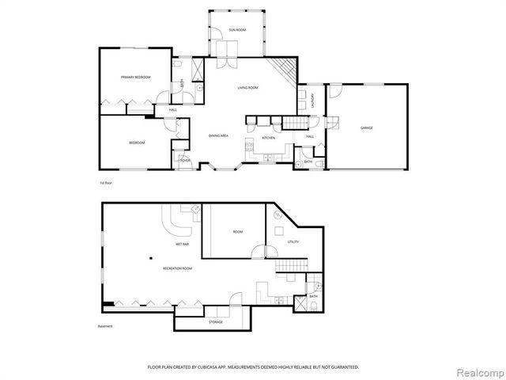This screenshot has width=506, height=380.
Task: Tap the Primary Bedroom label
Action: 135,77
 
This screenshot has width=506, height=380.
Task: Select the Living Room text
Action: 248,88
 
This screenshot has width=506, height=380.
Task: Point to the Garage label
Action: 367,127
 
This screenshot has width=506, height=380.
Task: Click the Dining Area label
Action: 219,136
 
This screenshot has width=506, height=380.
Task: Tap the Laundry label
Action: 313,101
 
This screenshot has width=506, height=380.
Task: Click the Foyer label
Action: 184,161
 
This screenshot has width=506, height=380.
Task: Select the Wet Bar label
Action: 182,245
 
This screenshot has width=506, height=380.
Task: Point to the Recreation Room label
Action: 178,269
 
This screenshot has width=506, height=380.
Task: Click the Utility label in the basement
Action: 293,241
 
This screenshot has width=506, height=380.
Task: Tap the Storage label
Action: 216,322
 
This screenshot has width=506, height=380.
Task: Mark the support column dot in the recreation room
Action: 149,259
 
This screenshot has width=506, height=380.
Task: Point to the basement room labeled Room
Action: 237,231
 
